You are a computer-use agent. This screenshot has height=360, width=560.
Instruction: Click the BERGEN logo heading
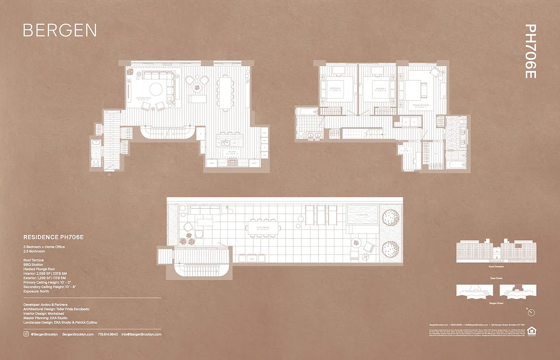[x=59, y=30]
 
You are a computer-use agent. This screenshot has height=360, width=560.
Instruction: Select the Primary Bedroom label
[x=422, y=106]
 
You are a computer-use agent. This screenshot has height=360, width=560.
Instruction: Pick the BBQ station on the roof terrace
[x=252, y=258]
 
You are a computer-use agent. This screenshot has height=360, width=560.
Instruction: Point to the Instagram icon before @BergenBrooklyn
[x=26, y=334]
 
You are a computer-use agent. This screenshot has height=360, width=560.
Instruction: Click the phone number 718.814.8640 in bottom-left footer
[x=108, y=334]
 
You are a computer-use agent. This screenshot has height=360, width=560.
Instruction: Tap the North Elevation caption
[x=496, y=267]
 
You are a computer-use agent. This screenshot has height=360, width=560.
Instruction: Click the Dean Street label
[x=496, y=279]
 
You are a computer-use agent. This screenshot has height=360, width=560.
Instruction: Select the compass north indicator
[x=531, y=312]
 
